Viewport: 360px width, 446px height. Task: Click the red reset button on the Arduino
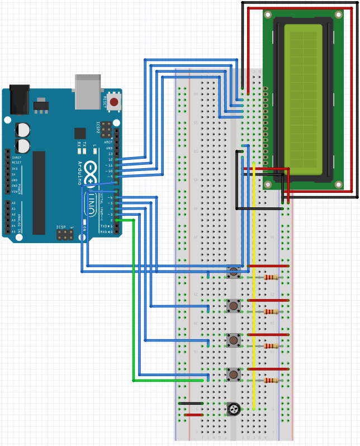pos(114,102)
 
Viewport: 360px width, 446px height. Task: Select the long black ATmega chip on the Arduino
pos(39,193)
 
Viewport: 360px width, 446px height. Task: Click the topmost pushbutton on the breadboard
pos(234,272)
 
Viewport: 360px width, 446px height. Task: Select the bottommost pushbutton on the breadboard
pos(234,374)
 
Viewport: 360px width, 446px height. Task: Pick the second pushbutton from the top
pos(234,306)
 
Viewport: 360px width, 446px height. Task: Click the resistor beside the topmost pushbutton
pos(271,278)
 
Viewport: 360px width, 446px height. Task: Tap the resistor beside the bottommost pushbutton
pos(271,381)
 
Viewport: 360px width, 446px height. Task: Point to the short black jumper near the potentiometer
pos(191,403)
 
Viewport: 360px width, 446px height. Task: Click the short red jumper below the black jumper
pos(193,415)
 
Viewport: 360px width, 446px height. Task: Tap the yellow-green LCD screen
pos(304,95)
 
